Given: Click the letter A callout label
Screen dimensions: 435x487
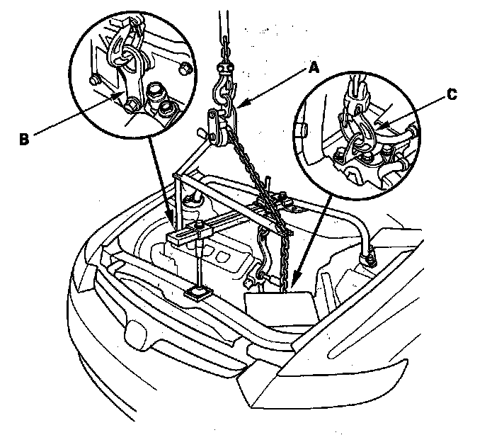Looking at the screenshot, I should point(314,68).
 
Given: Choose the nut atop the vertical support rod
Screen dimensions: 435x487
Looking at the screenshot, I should point(202,227).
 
